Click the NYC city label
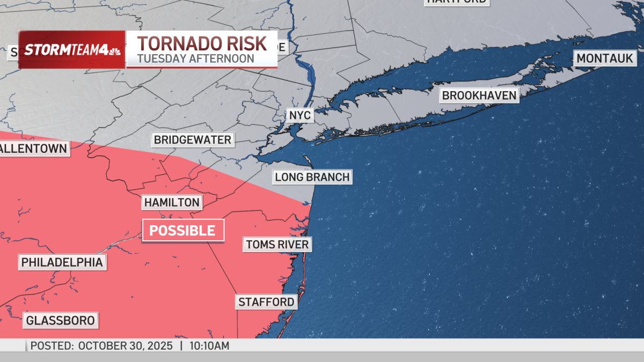[x=299, y=115]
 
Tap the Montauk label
[x=605, y=58]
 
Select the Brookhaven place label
[x=479, y=95]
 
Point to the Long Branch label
[x=312, y=176]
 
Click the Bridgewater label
[x=192, y=140]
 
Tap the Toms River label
[x=277, y=245]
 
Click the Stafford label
[x=266, y=302]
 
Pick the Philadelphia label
[x=62, y=262]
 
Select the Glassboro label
[x=61, y=321]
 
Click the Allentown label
[x=34, y=148]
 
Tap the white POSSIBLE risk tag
[x=182, y=231]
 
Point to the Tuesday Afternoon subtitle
[x=195, y=58]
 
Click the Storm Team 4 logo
[x=72, y=50]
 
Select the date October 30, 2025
[x=126, y=346]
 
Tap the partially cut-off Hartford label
[x=457, y=2]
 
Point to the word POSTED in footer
[x=52, y=346]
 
